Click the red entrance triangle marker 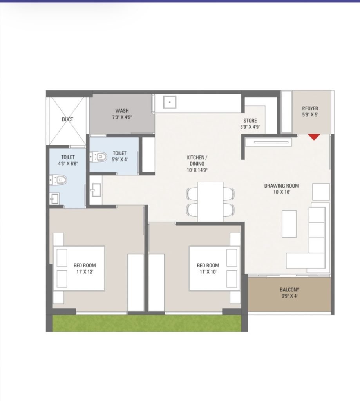[314, 137]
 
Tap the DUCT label [67, 119]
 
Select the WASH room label [122, 111]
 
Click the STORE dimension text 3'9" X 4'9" [250, 126]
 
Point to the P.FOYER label [310, 108]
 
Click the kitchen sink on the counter [170, 102]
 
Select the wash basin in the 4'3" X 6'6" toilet [54, 199]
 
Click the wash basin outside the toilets [96, 190]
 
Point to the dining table [210, 202]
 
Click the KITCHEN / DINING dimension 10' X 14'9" [197, 170]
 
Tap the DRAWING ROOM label [281, 186]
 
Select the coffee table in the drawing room [289, 224]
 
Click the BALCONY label [289, 290]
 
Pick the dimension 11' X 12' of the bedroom [85, 272]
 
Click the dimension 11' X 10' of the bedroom [208, 272]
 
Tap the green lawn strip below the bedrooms [147, 323]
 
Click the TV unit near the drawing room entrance [268, 143]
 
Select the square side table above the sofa [321, 192]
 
